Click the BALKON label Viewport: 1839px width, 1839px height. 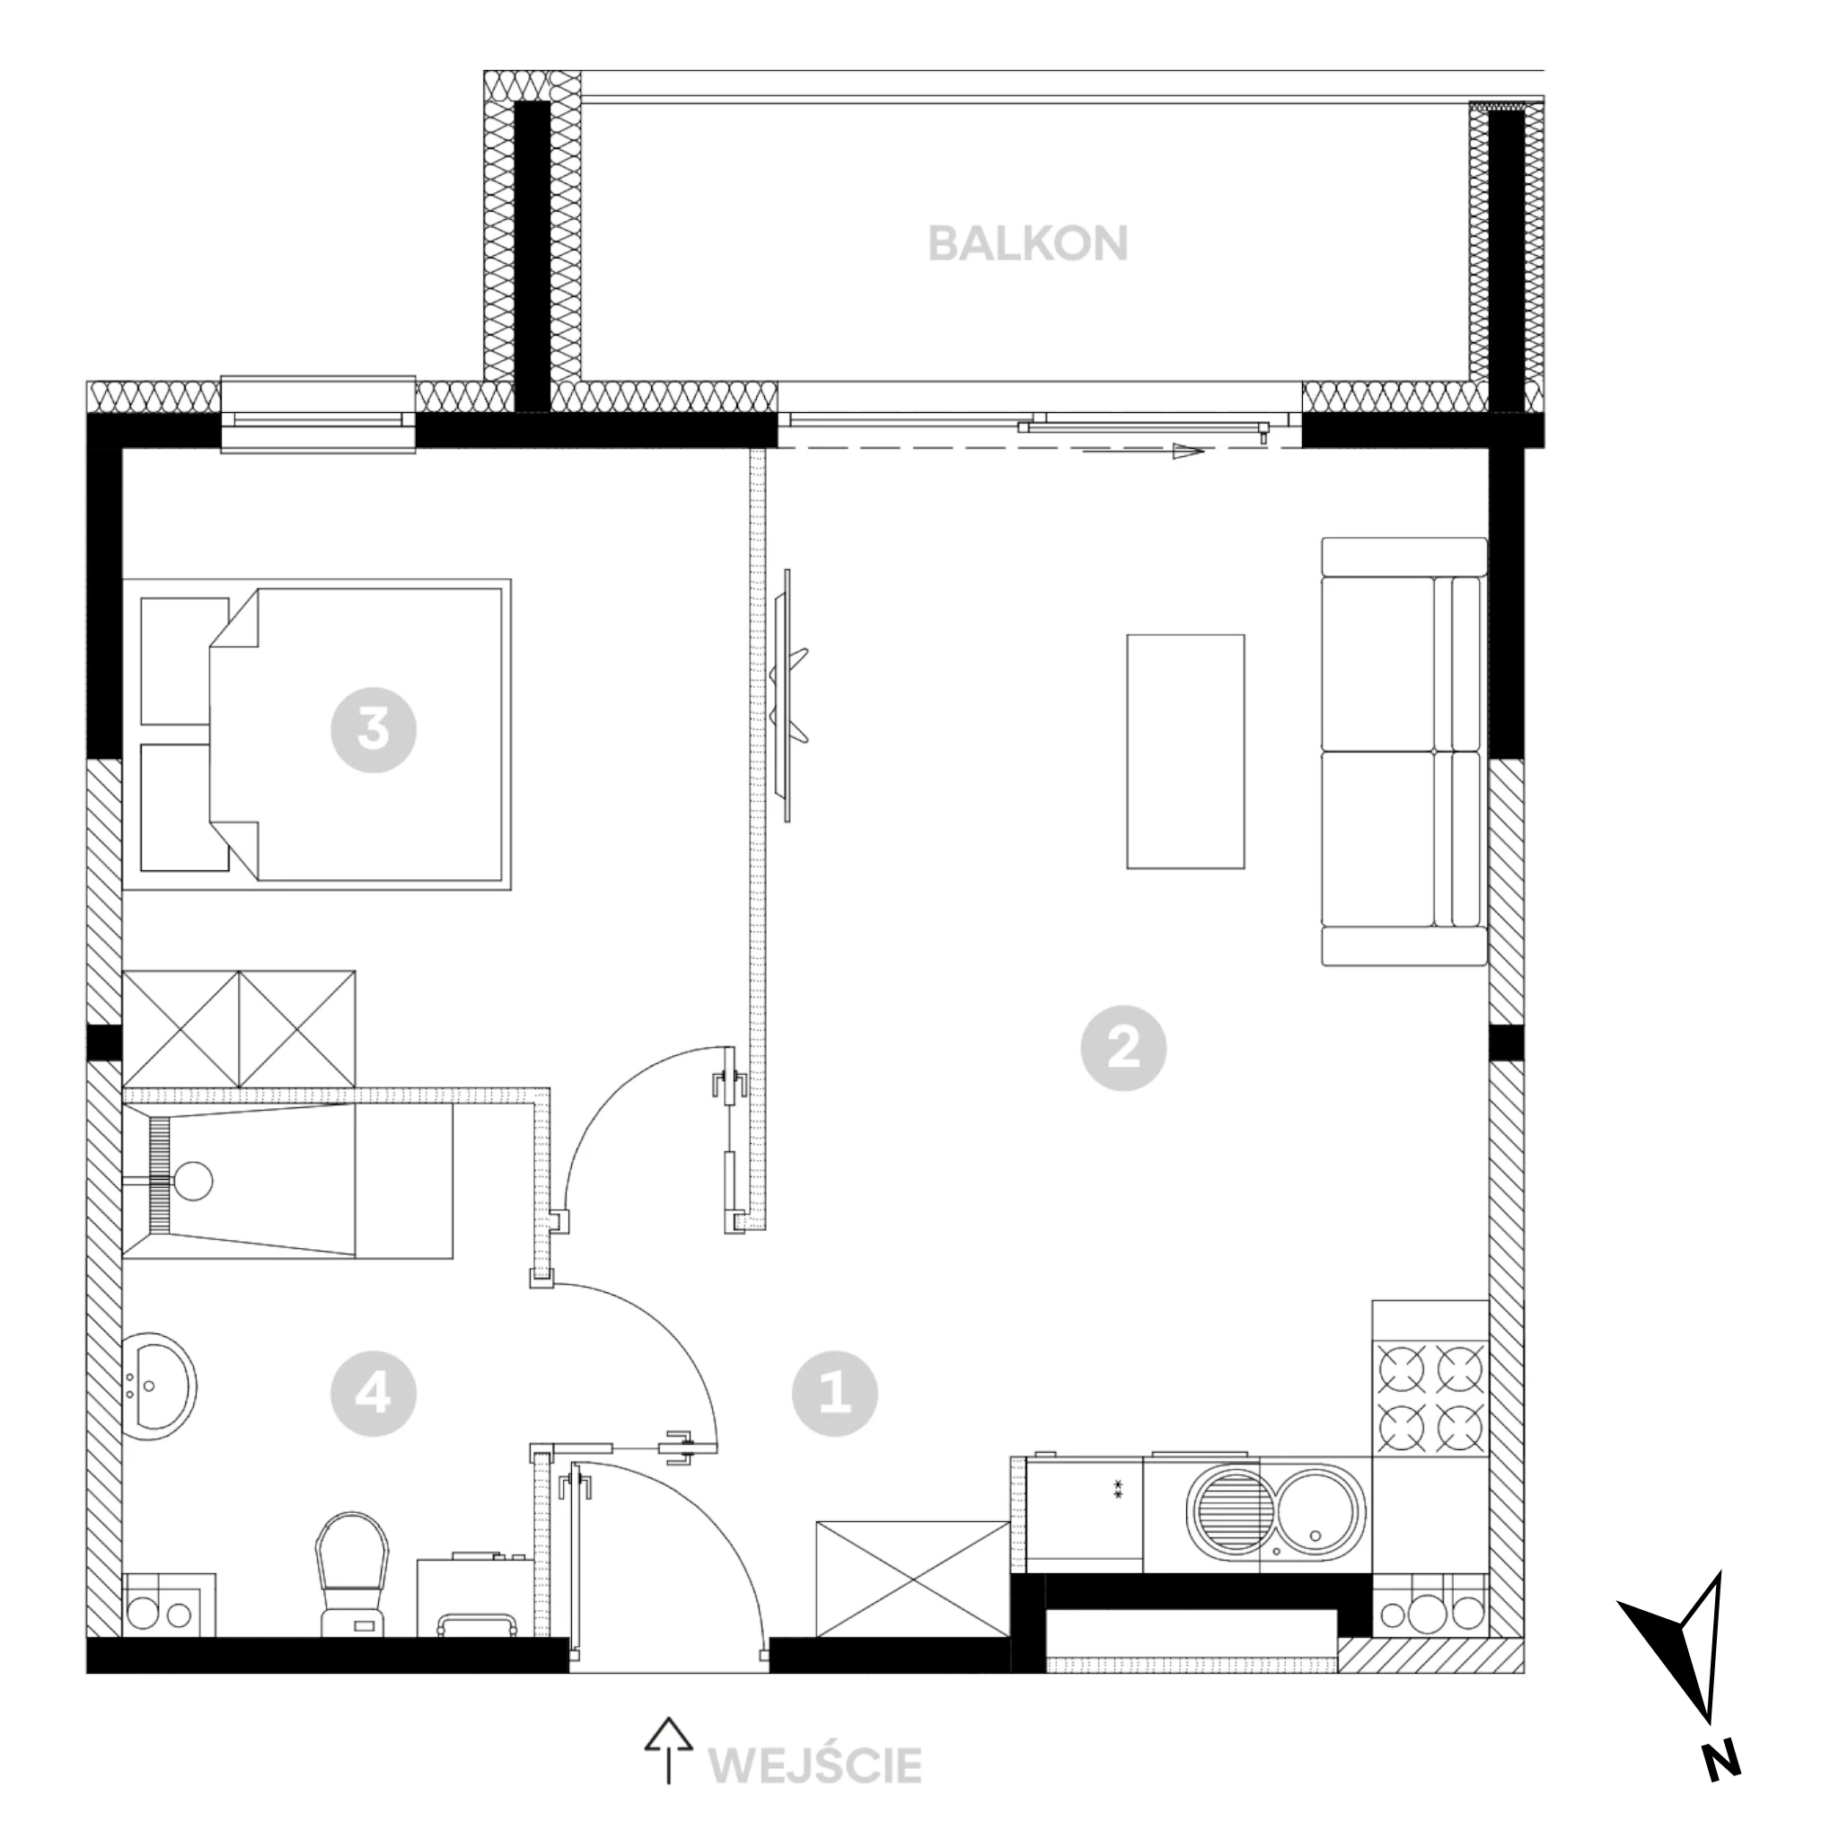[x=1028, y=243]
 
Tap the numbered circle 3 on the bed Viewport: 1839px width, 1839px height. [x=374, y=730]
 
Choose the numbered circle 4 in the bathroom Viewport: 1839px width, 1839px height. [x=374, y=1395]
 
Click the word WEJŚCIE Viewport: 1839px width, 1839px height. [x=815, y=1765]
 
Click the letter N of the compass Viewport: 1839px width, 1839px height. [x=1721, y=1787]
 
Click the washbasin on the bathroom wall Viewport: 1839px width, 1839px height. [x=160, y=1386]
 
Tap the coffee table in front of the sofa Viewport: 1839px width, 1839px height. [x=1185, y=751]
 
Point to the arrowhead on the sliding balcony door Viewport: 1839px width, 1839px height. [x=1189, y=453]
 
